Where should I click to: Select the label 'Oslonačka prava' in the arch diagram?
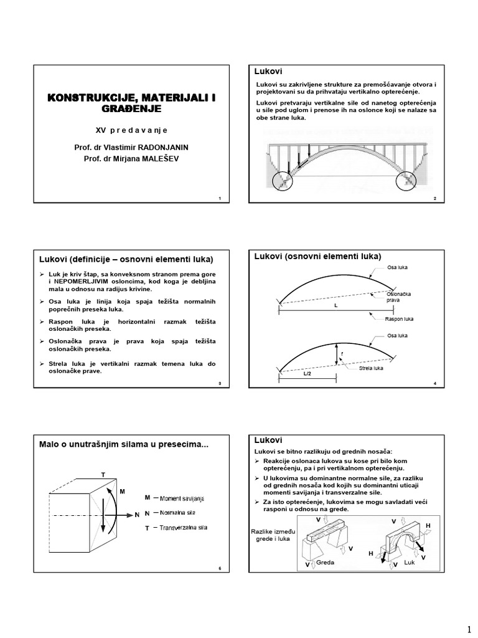point(398,297)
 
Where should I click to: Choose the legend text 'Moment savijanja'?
point(182,498)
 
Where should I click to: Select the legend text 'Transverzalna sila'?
point(184,528)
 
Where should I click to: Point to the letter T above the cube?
point(103,475)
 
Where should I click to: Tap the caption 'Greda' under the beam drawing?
point(326,562)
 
